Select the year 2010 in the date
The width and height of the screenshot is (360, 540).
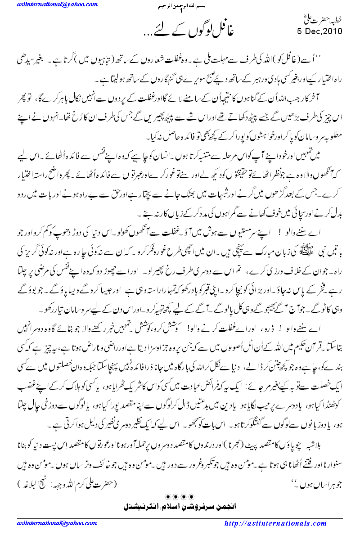pos(333,31)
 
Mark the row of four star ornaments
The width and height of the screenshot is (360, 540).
pos(180,496)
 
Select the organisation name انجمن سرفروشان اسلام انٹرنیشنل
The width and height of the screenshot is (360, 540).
pos(180,506)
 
